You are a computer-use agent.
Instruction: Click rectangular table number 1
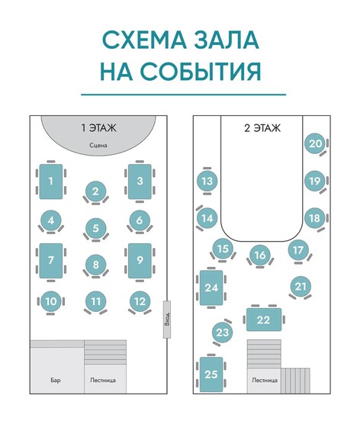(x=51, y=182)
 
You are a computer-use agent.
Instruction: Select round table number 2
(x=96, y=191)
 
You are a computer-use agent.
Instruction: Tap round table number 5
(x=96, y=229)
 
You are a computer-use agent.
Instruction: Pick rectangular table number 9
(x=140, y=261)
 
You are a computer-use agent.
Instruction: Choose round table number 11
(x=96, y=301)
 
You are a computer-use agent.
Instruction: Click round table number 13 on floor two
(x=207, y=181)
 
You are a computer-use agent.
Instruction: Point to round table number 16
(x=260, y=255)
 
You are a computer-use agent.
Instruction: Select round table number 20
(x=315, y=143)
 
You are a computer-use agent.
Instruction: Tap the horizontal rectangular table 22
(x=264, y=320)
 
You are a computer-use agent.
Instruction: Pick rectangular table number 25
(x=211, y=374)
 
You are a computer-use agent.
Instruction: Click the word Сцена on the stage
(x=98, y=146)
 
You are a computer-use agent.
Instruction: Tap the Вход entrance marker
(x=167, y=320)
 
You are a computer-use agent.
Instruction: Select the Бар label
(x=56, y=380)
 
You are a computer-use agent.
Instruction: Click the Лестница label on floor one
(x=103, y=380)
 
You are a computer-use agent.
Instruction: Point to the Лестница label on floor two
(x=265, y=380)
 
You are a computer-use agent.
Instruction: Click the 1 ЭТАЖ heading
(x=99, y=128)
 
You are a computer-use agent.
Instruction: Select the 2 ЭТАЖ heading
(x=262, y=128)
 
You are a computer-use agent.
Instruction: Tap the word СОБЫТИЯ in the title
(x=201, y=72)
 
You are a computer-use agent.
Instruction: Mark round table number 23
(x=223, y=333)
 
